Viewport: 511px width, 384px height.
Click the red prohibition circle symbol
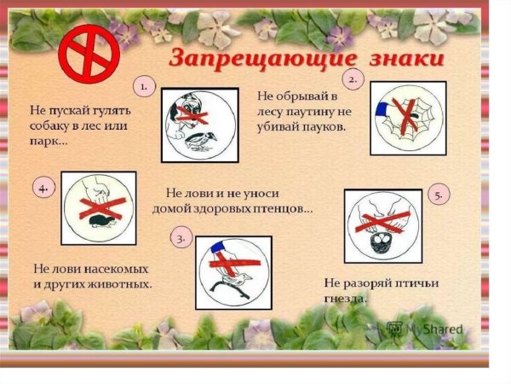(86, 53)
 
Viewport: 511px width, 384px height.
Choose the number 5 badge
(439, 195)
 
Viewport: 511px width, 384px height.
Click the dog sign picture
(201, 125)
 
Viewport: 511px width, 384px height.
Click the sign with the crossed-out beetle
(99, 207)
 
